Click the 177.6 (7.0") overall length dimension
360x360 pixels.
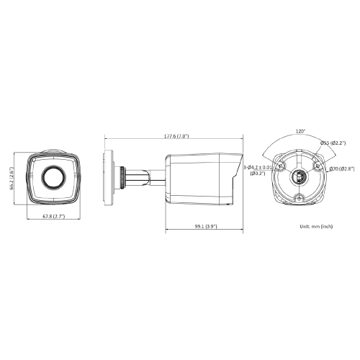pos(176,136)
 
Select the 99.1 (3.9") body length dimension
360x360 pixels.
pos(206,226)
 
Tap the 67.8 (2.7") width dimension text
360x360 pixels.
pos(54,217)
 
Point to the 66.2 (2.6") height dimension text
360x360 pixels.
pos(12,179)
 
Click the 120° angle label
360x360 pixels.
pos(300,132)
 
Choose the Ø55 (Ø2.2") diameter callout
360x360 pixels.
pos(333,143)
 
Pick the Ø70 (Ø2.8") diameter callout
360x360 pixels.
pos(342,169)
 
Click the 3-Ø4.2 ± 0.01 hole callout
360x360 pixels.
pos(258,167)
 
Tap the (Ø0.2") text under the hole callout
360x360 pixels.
pos(258,173)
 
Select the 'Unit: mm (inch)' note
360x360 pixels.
pos(316,226)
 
